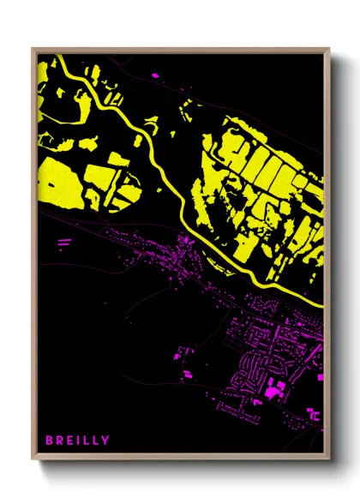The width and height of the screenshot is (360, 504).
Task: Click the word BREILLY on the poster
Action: pos(77,441)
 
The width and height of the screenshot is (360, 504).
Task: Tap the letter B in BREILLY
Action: pos(50,441)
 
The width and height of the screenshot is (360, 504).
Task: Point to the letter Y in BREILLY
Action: pos(105,441)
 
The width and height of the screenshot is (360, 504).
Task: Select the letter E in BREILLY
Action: pos(69,441)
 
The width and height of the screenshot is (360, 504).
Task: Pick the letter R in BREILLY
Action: pos(59,441)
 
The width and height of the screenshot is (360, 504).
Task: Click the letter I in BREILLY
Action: pos(78,441)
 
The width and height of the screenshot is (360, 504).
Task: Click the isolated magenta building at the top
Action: pos(156,76)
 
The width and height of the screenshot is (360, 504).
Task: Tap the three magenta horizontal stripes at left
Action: pos(64,243)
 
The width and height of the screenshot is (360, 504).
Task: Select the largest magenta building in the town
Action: pos(273,391)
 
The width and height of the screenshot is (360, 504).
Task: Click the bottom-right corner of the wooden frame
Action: pos(329,460)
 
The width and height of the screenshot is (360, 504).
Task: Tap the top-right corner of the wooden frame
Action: pos(329,49)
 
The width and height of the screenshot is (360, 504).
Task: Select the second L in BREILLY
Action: pos(95,441)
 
